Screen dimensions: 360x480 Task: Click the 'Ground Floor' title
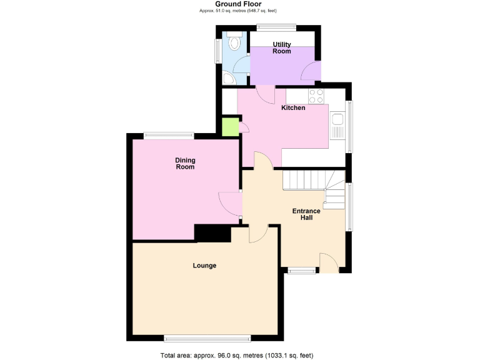[x=238, y=4]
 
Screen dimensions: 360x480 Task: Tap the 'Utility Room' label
[x=281, y=47]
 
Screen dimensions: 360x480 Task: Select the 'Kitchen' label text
[x=293, y=108]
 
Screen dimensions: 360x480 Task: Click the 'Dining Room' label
[x=184, y=164]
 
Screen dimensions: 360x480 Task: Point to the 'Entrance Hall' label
[x=306, y=214]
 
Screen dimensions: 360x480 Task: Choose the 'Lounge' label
[x=204, y=266]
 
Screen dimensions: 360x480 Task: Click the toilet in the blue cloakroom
[x=234, y=42]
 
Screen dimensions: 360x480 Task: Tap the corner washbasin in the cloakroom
[x=228, y=78]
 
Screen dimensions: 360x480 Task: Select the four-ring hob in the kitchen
[x=316, y=96]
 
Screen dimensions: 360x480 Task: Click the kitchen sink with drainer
[x=338, y=125]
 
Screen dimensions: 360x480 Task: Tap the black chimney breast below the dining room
[x=212, y=233]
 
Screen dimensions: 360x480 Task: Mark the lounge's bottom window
[x=207, y=339]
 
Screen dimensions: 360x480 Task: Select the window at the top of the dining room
[x=168, y=134]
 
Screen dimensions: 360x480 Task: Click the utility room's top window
[x=276, y=26]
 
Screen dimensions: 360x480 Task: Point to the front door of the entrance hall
[x=329, y=262]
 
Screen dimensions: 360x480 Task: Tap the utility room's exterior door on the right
[x=311, y=72]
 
